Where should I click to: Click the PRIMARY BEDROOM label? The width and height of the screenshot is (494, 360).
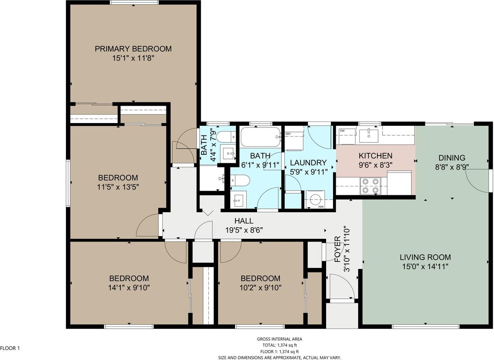[x=133, y=49]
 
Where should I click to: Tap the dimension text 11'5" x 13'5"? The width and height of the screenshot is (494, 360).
[x=118, y=187]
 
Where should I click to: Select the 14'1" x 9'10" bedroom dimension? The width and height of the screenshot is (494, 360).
[x=129, y=287]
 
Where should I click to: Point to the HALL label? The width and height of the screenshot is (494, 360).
[x=244, y=221]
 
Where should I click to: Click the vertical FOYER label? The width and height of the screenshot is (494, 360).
[x=337, y=249]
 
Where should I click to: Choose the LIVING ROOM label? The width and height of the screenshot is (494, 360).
[x=425, y=257]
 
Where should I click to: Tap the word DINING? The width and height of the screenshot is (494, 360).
[x=452, y=158]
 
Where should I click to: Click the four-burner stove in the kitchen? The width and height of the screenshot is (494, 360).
[x=370, y=186]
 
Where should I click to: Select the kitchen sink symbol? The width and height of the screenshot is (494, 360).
[x=369, y=135]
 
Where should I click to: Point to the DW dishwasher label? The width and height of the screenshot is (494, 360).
[x=342, y=131]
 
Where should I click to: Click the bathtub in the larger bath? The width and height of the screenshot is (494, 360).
[x=260, y=137]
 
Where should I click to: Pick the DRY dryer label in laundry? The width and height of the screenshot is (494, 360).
[x=288, y=134]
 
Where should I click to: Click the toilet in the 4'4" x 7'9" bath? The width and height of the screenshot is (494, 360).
[x=226, y=137]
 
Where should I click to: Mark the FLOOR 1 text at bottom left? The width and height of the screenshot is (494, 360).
[x=10, y=348]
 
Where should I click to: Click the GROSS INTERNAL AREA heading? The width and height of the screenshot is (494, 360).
[x=279, y=339]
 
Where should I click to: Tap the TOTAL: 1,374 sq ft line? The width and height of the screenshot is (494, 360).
[x=279, y=345]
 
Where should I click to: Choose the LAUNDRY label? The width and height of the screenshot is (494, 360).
[x=308, y=163]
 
